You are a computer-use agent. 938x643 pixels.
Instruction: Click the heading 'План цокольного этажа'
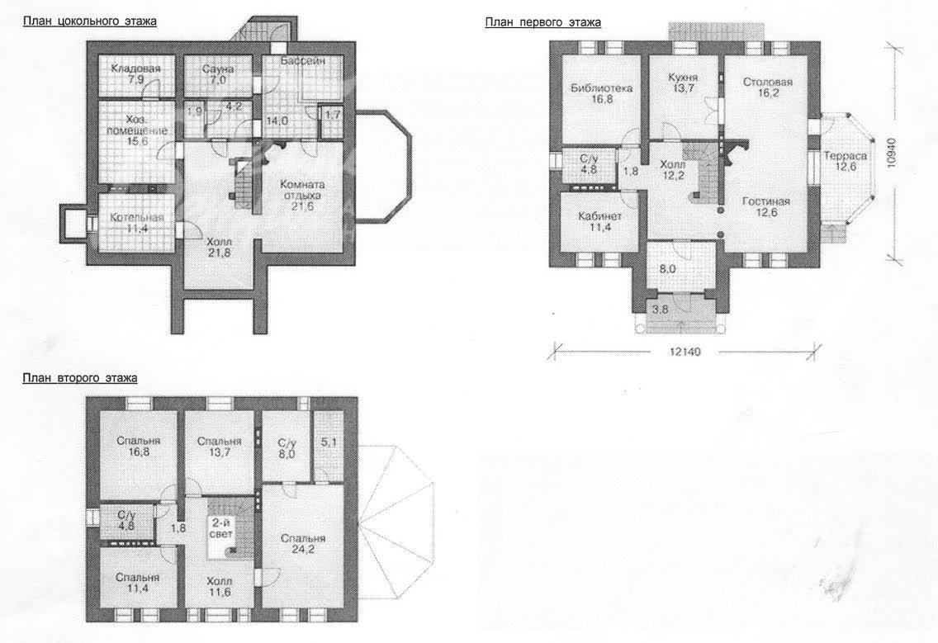[90, 21]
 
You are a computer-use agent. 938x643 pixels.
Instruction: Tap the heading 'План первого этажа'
[543, 23]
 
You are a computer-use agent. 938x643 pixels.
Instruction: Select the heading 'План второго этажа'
[80, 378]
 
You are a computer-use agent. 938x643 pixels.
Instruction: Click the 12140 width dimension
[685, 352]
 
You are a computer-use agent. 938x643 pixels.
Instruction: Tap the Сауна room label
[218, 69]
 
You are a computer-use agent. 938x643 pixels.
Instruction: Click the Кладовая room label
[135, 69]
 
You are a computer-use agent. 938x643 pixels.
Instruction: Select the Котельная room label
[136, 218]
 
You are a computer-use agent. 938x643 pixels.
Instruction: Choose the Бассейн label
[303, 61]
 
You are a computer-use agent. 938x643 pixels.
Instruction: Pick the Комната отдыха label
[303, 190]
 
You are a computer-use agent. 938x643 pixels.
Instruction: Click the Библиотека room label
[601, 88]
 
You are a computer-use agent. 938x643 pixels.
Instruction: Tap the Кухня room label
[683, 78]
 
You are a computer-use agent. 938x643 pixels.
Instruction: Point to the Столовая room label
[768, 83]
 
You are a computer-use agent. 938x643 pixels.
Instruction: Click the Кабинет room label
[600, 216]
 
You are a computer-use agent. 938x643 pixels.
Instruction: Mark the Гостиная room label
[766, 201]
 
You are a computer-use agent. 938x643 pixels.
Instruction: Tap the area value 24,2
[303, 550]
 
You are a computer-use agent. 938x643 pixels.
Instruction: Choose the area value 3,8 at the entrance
[660, 310]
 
